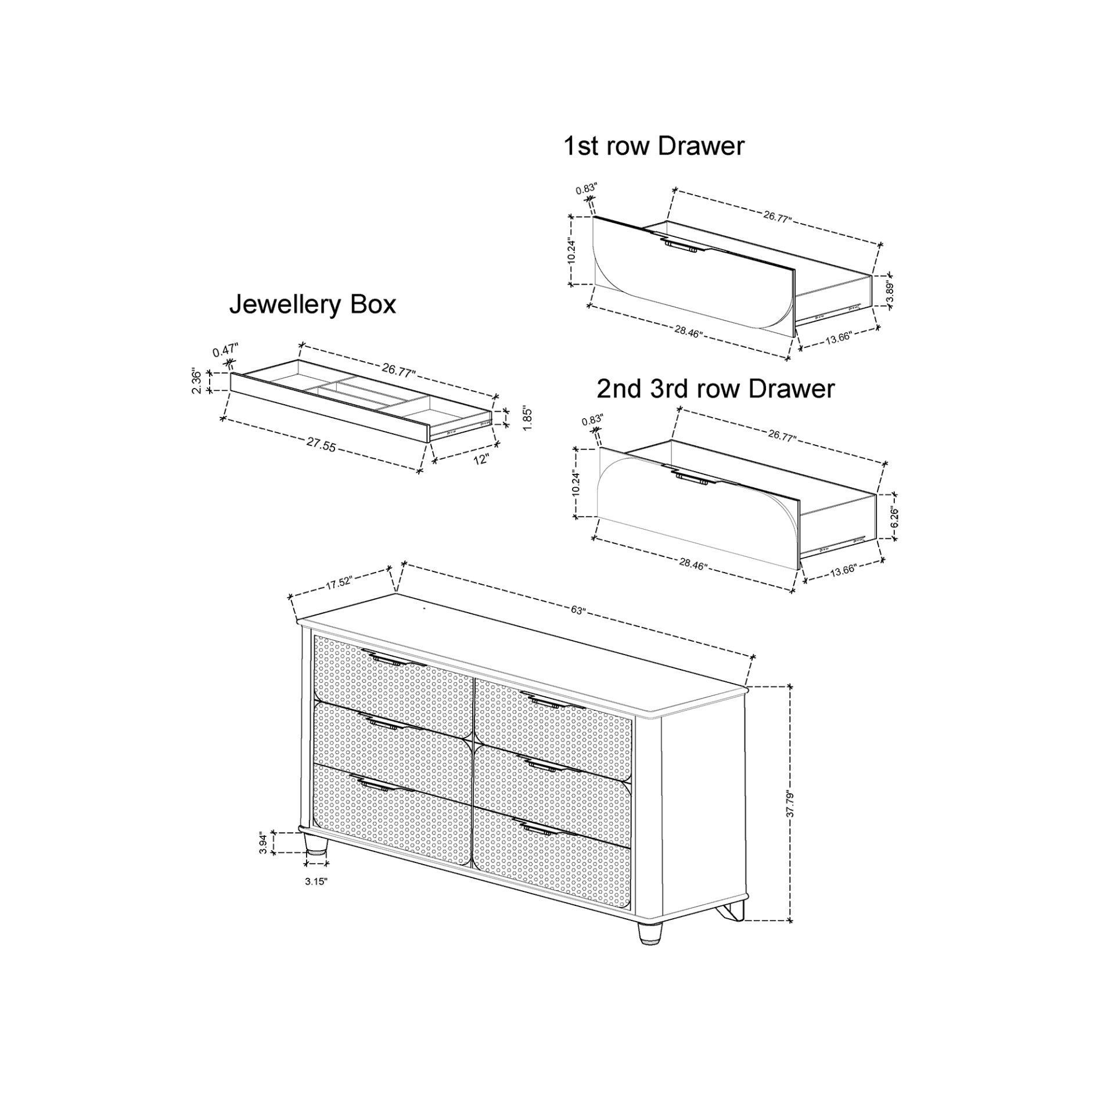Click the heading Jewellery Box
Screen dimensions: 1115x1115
[312, 305]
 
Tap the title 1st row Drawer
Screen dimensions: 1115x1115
[653, 146]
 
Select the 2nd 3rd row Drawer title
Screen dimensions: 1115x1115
[715, 389]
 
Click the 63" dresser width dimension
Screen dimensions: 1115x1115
[578, 610]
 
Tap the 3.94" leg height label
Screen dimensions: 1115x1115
[263, 843]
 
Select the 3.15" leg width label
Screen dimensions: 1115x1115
[316, 897]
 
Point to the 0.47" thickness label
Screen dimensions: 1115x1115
[225, 351]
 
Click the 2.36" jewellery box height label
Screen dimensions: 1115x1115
[197, 382]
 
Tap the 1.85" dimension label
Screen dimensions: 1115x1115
[527, 418]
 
